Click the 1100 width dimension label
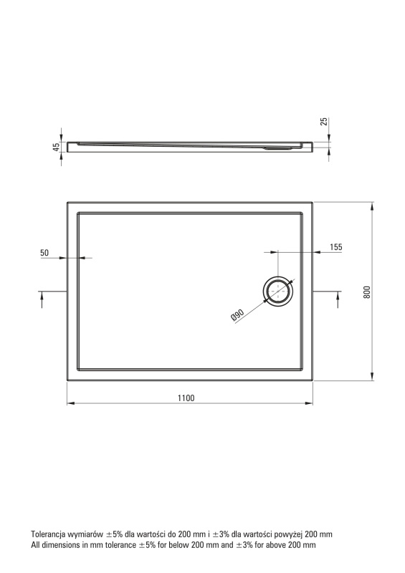pyautogui.click(x=186, y=398)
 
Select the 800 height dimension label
pyautogui.click(x=366, y=292)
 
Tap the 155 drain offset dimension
pyautogui.click(x=336, y=247)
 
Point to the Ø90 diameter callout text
pyautogui.click(x=237, y=315)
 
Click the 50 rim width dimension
pyautogui.click(x=44, y=253)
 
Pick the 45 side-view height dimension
pyautogui.click(x=56, y=147)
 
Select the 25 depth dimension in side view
pyautogui.click(x=324, y=122)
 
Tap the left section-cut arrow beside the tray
pyautogui.click(x=42, y=299)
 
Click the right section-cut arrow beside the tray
pyautogui.click(x=338, y=299)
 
